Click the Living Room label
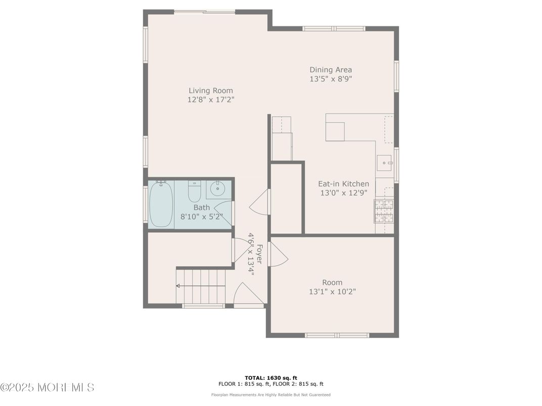pyautogui.click(x=210, y=90)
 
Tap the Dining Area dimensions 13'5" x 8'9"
pyautogui.click(x=331, y=79)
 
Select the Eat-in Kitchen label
pyautogui.click(x=343, y=184)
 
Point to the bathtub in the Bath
pyautogui.click(x=161, y=204)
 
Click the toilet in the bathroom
pyautogui.click(x=194, y=192)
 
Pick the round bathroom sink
pyautogui.click(x=218, y=188)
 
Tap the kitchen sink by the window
pyautogui.click(x=385, y=163)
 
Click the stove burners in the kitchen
pyautogui.click(x=384, y=211)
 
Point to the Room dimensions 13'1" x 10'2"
pyautogui.click(x=332, y=292)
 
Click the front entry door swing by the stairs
pyautogui.click(x=248, y=294)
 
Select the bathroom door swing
pyautogui.click(x=223, y=214)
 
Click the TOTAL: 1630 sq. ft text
pyautogui.click(x=271, y=378)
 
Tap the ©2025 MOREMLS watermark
pyautogui.click(x=48, y=387)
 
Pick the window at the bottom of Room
pyautogui.click(x=337, y=335)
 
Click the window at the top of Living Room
pyautogui.click(x=205, y=12)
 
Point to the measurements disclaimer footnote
pyautogui.click(x=271, y=394)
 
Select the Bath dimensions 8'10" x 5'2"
pyautogui.click(x=202, y=217)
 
